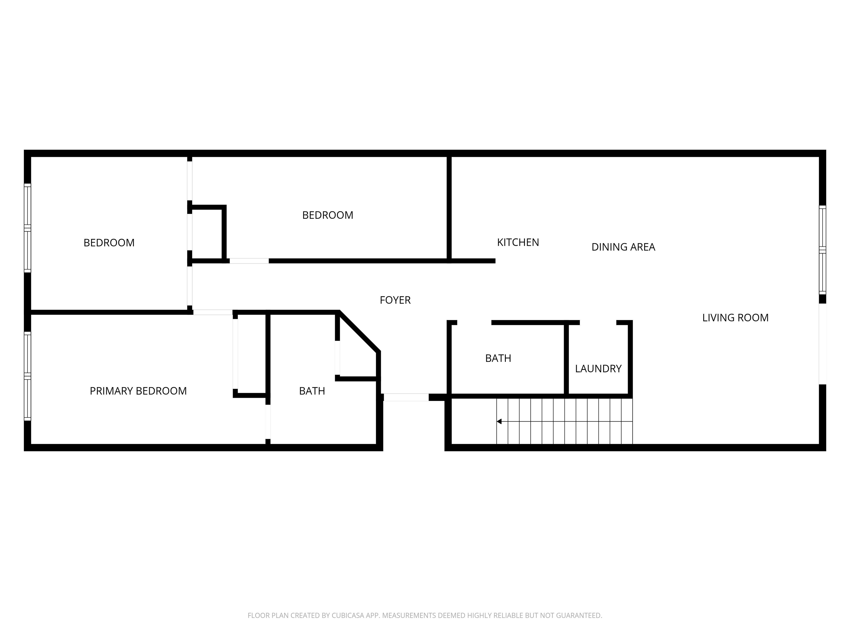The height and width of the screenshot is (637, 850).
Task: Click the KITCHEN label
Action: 518,242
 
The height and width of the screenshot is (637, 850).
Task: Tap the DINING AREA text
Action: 623,247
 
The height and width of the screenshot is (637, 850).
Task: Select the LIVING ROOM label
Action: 735,318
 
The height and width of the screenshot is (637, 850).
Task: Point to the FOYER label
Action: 395,300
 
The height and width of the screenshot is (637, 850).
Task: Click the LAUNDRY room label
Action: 598,369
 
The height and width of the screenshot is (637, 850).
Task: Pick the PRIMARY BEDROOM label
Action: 138,391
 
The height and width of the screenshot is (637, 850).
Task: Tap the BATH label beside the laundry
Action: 498,358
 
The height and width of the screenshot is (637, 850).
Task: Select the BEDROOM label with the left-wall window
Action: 109,243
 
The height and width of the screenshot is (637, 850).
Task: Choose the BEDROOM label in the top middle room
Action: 327,215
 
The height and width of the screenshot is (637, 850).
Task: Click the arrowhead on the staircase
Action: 499,421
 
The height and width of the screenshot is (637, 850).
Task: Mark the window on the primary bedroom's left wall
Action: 27,376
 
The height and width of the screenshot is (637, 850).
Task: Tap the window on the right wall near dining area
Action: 822,250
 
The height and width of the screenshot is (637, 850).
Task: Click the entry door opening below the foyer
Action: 406,397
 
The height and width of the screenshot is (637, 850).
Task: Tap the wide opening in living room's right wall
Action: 822,344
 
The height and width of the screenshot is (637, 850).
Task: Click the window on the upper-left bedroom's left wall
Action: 27,228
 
